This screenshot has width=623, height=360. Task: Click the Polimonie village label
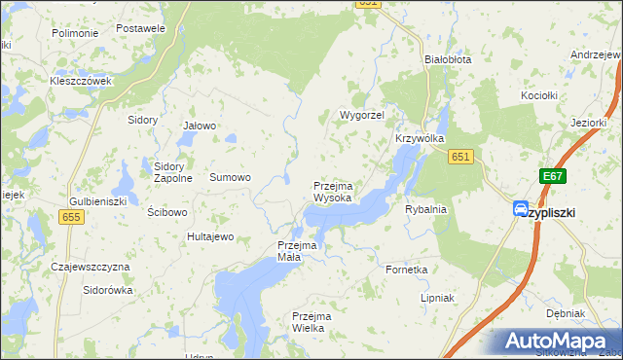75,33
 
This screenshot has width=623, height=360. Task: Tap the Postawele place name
140,28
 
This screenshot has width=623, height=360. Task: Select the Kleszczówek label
82,81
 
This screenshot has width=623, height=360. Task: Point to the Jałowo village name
200,126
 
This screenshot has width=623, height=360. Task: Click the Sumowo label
231,177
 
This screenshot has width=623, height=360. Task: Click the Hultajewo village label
211,236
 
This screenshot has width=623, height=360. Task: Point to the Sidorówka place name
107,290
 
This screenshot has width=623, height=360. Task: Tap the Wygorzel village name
362,115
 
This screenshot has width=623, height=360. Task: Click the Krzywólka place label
420,138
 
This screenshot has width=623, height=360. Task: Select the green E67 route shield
553,176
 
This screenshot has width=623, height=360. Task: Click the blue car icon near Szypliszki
521,209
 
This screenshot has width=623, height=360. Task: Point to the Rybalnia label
424,208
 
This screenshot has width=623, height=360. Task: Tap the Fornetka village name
406,269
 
